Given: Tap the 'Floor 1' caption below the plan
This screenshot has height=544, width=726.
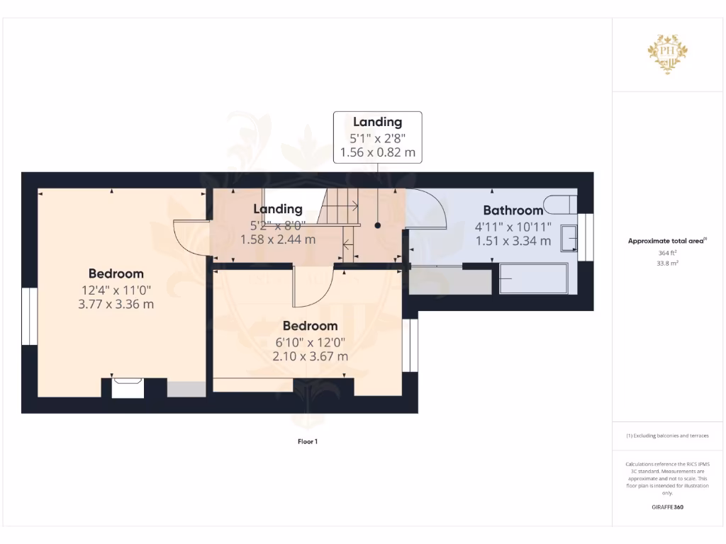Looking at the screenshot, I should pos(308,441).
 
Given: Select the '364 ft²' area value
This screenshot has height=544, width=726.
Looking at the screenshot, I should pos(666,253).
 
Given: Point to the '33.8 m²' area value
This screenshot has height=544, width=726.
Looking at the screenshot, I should pos(666,263).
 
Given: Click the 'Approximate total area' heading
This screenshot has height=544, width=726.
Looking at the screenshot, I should pos(666,241).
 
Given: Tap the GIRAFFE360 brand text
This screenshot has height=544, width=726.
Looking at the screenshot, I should pos(666,507).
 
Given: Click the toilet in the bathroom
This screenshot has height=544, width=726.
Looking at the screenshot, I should pos(563,204).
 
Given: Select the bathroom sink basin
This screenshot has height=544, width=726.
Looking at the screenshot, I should pos(569,239).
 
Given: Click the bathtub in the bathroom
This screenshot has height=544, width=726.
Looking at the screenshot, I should pos(533,280).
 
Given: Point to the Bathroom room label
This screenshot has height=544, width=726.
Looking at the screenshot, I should pos(513,210).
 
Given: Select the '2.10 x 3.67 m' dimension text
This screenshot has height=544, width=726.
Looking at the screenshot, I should pos(310,356).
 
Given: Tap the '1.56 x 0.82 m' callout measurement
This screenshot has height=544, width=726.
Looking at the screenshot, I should pos(378,152).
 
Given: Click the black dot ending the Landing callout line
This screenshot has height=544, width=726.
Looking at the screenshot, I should pos(378,225).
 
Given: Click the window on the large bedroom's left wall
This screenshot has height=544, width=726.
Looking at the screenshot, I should pos(29,317).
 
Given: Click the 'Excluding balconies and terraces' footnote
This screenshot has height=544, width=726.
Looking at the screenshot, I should pos(666,436).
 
